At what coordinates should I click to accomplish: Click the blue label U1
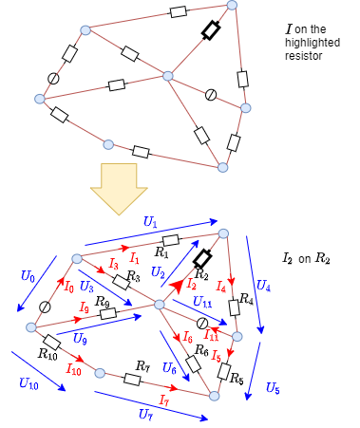pyautogui.click(x=150, y=221)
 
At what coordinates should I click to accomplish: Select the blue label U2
pyautogui.click(x=86, y=286)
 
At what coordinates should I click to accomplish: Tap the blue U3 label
pyautogui.click(x=158, y=272)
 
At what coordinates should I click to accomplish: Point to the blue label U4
pyautogui.click(x=263, y=285)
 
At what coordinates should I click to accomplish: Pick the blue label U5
pyautogui.click(x=272, y=387)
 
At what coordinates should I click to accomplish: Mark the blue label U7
pyautogui.click(x=145, y=414)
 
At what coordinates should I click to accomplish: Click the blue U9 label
pyautogui.click(x=168, y=367)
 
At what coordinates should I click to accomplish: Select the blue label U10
pyautogui.click(x=28, y=383)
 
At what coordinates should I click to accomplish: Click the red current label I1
pyautogui.click(x=134, y=258)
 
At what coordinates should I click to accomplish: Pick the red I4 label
pyautogui.click(x=221, y=286)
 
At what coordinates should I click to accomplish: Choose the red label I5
pyautogui.click(x=217, y=356)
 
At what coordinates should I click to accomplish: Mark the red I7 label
pyautogui.click(x=164, y=400)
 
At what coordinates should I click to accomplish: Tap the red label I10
pyautogui.click(x=74, y=368)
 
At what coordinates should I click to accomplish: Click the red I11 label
pyautogui.click(x=211, y=334)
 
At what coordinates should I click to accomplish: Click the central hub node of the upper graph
pyautogui.click(x=168, y=76)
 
